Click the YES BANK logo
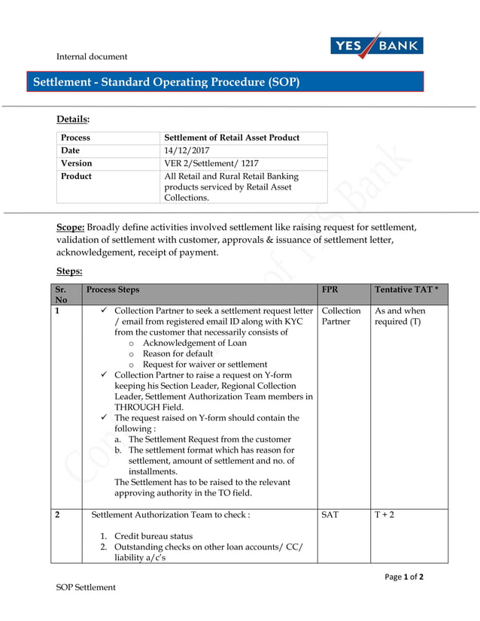tap(376, 46)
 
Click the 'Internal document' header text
tap(92, 56)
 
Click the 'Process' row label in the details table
tap(75, 138)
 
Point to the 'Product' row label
tap(76, 176)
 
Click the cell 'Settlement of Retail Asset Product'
tap(232, 138)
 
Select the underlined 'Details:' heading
tap(73, 119)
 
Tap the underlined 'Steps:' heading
tap(69, 271)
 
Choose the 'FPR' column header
tap(330, 289)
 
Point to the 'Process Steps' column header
tap(113, 289)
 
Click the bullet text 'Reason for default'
tap(178, 353)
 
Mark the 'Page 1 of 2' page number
tap(403, 577)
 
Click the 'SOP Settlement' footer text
tap(87, 587)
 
